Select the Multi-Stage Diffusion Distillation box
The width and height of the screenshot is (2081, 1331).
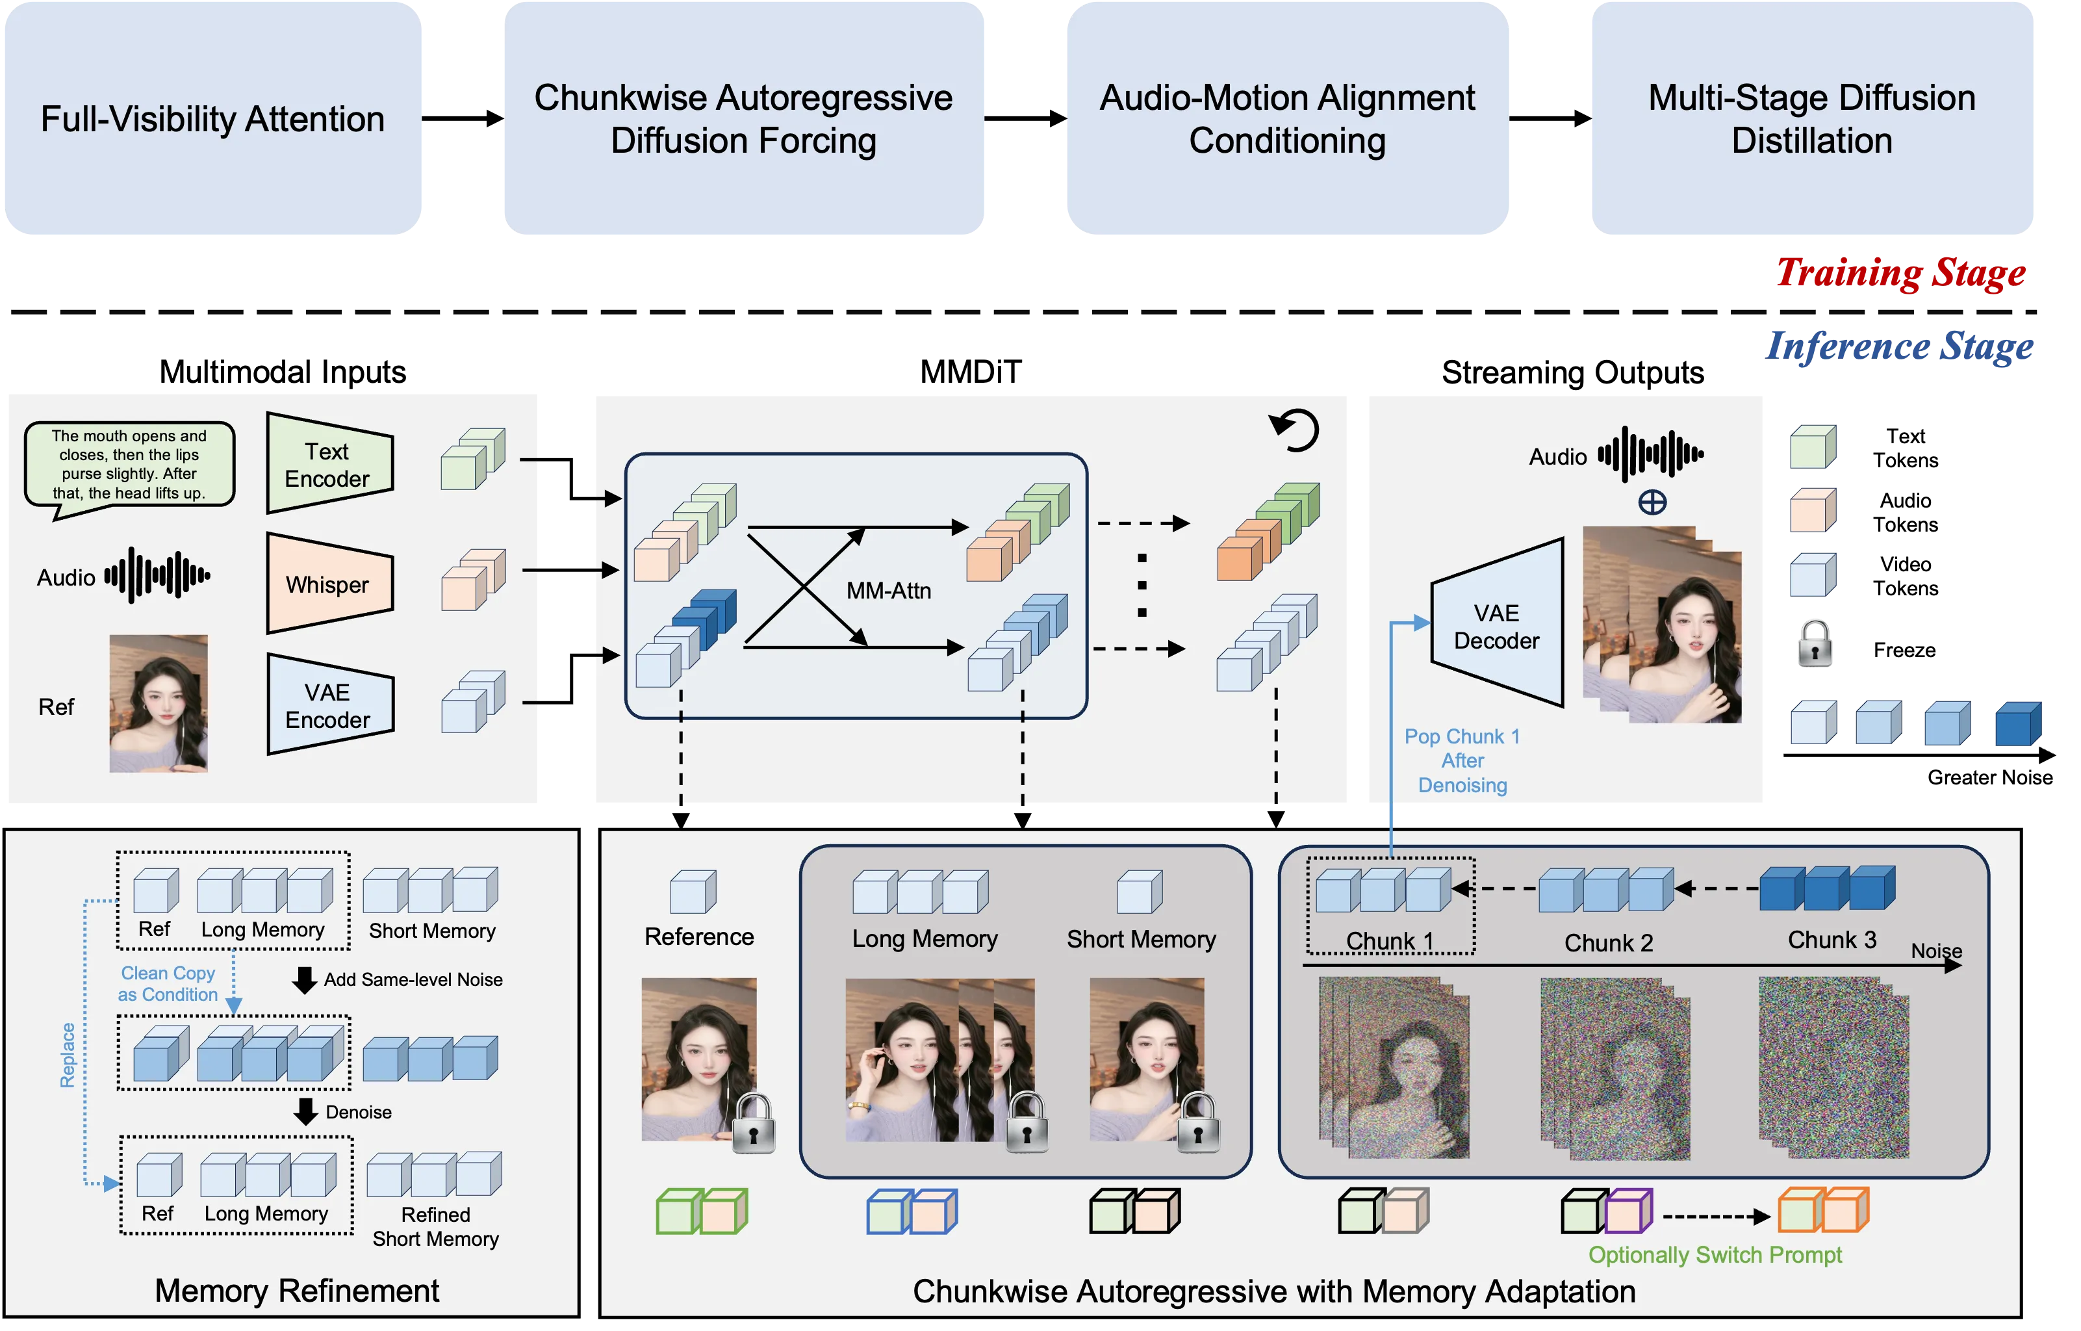point(1812,120)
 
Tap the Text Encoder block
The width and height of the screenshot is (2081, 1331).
point(328,464)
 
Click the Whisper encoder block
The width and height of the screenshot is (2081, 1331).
point(328,584)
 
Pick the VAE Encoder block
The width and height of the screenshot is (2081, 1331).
point(328,705)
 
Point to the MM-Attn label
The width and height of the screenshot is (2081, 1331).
point(888,591)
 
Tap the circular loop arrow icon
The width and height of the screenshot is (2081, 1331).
point(1296,430)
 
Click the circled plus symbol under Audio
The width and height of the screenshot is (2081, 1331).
point(1652,502)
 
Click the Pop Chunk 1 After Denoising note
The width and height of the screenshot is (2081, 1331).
point(1462,760)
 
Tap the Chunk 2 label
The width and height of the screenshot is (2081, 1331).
point(1608,942)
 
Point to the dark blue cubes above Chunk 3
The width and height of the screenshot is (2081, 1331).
point(1827,888)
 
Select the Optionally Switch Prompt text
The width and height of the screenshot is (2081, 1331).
point(1715,1255)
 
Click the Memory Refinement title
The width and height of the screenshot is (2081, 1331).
point(296,1290)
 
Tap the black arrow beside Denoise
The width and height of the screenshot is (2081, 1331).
point(305,1111)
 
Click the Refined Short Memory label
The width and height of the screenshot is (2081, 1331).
point(435,1226)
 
